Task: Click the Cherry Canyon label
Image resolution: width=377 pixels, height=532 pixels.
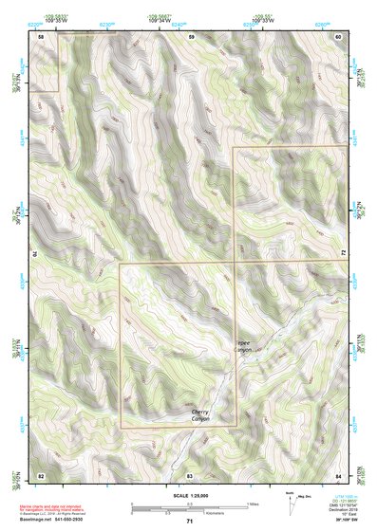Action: (199, 414)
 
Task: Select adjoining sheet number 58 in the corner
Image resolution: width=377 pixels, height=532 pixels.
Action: (41, 36)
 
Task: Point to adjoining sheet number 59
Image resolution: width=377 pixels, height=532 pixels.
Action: (191, 36)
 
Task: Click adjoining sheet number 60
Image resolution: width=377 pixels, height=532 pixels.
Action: (338, 36)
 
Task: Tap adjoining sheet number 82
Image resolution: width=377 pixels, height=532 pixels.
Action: (41, 473)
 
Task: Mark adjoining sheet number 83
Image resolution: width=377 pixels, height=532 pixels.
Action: (190, 473)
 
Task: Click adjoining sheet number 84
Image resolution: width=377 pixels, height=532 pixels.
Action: (338, 473)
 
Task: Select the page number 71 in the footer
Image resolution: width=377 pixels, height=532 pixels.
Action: (190, 522)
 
